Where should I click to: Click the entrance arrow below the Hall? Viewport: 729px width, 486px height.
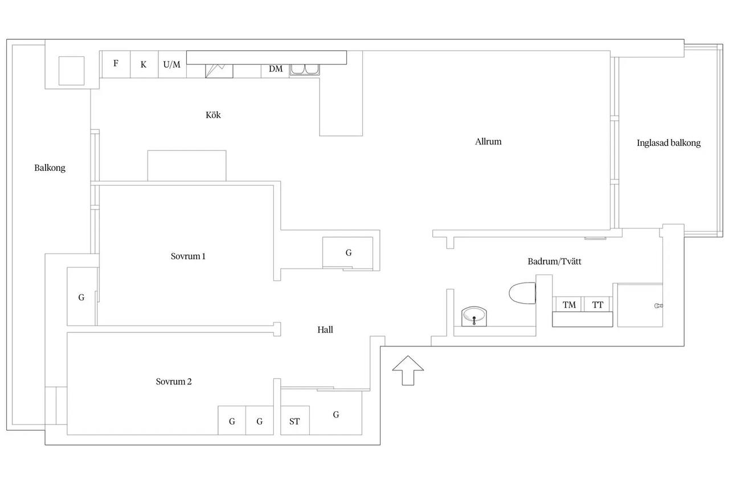(x=408, y=370)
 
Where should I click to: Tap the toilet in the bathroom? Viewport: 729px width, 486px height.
(x=523, y=293)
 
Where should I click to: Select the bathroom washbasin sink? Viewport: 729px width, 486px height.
(x=474, y=316)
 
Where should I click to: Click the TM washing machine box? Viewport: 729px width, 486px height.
(x=569, y=304)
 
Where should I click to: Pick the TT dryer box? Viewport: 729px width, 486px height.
(x=597, y=304)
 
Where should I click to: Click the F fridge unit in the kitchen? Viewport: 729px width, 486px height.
(x=116, y=64)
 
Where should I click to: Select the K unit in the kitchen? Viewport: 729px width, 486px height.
(x=144, y=64)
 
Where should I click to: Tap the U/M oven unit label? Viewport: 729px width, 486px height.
(x=172, y=64)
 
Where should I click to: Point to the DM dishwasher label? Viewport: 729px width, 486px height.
(x=276, y=69)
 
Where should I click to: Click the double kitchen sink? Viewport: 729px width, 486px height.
(x=305, y=70)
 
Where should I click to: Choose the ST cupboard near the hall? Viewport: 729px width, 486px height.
(x=295, y=420)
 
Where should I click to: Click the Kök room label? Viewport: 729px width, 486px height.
(x=213, y=115)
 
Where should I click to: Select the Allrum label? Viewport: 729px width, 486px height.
(x=488, y=142)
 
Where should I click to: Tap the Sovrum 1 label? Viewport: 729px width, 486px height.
(x=188, y=256)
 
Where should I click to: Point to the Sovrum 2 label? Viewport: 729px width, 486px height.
(x=174, y=382)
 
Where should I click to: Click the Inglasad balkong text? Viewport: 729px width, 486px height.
(x=669, y=143)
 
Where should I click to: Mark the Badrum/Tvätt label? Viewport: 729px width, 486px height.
(x=554, y=262)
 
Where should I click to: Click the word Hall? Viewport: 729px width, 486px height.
(x=325, y=330)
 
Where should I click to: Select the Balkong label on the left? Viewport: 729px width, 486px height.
(x=50, y=168)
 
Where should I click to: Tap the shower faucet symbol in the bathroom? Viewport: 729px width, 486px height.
(x=658, y=305)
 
